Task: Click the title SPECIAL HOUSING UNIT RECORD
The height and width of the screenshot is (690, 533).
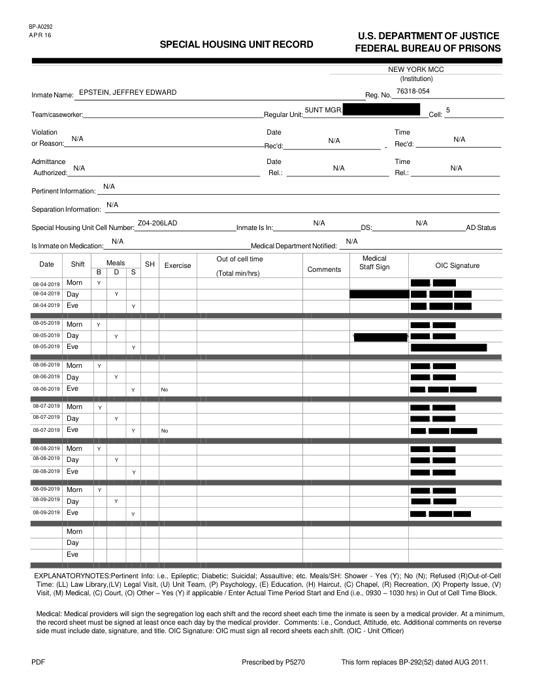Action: point(236,44)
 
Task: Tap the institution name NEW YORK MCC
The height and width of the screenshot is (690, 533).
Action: point(416,69)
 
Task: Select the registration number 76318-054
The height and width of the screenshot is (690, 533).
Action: point(413,91)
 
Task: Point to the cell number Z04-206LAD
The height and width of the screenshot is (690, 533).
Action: point(157,223)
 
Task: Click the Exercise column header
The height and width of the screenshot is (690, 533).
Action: point(178,266)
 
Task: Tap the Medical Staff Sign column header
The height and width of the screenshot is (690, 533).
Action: point(374,263)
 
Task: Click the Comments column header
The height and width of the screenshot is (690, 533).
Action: point(324,269)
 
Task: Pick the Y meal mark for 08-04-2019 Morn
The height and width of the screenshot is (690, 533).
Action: point(99,283)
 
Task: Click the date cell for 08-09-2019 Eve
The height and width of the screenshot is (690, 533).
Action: point(46,513)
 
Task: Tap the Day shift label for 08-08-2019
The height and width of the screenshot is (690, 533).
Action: point(73,460)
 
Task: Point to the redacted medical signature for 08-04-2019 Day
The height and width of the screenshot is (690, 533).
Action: point(379,294)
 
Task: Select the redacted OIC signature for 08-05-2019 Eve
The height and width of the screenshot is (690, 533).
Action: point(449,347)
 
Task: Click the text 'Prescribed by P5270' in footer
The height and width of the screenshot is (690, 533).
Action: point(273,663)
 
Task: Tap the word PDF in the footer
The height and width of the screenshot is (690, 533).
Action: point(38,663)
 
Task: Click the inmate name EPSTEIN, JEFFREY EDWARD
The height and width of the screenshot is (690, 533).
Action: point(127,92)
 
